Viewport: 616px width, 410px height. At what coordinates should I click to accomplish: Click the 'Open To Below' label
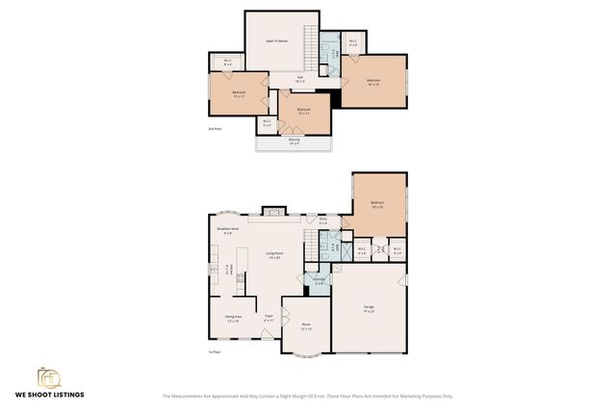pos(280,41)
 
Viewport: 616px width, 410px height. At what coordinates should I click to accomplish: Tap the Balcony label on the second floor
pos(294,141)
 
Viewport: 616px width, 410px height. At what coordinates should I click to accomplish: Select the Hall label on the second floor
pos(299,78)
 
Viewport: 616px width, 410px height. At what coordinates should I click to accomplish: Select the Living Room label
pos(273,255)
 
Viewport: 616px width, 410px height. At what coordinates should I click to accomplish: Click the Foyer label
pos(269,318)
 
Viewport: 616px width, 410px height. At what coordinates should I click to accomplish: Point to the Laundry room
pos(320,282)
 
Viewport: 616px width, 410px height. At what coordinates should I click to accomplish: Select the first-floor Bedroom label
pos(377,204)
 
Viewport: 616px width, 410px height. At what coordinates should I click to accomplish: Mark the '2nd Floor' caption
pos(214,128)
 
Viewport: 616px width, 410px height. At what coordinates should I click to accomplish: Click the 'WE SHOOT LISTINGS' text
pos(48,395)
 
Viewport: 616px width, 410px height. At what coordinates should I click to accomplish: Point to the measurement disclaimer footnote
pos(307,396)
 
